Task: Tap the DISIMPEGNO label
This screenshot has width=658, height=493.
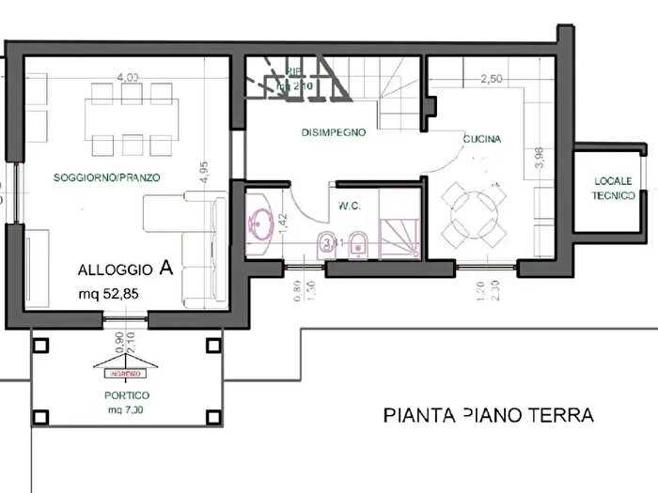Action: pyautogui.click(x=333, y=133)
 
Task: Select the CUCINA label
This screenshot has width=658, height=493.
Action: pyautogui.click(x=482, y=139)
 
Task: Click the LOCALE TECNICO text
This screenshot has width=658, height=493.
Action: pyautogui.click(x=614, y=188)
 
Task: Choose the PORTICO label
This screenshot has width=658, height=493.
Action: pyautogui.click(x=128, y=395)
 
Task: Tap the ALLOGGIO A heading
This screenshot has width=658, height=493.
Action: pyautogui.click(x=125, y=269)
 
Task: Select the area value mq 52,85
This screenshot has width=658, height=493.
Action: pyautogui.click(x=110, y=293)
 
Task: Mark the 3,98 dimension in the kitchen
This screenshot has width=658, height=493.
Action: pyautogui.click(x=539, y=157)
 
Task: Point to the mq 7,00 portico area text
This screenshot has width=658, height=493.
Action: pyautogui.click(x=128, y=410)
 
